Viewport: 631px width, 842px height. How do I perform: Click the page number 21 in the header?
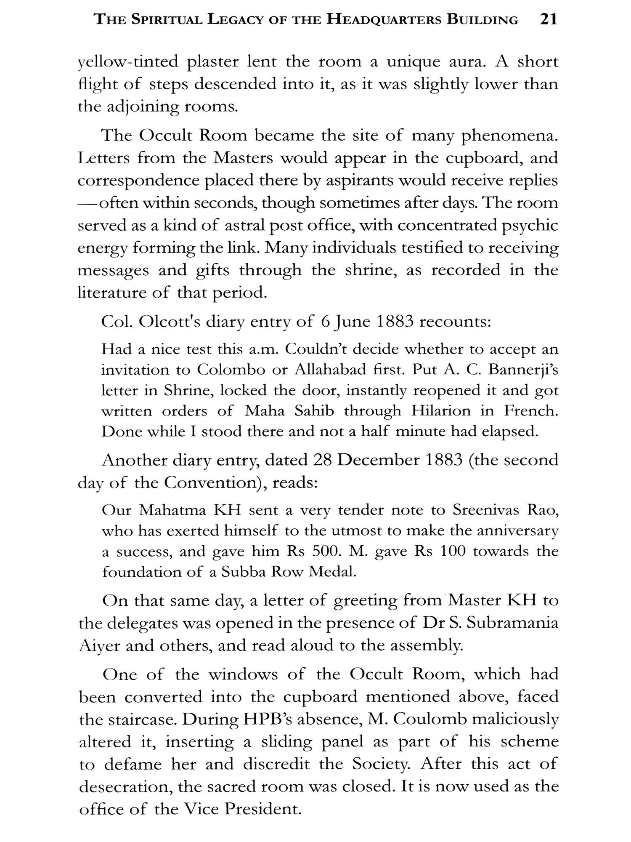click(548, 19)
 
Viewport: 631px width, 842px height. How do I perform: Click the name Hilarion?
click(441, 411)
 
